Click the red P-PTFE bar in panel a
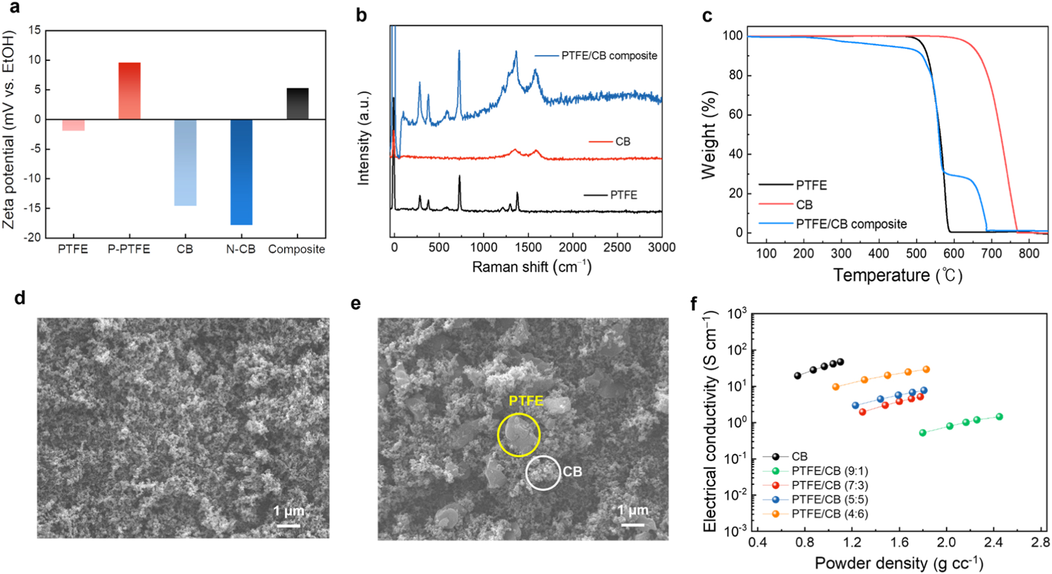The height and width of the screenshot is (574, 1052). tap(129, 91)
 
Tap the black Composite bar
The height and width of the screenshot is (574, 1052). tap(297, 104)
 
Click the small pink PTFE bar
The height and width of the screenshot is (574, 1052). tap(73, 125)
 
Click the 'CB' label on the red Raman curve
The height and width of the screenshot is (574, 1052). tap(623, 142)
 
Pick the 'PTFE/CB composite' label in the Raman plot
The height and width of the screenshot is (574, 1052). tap(609, 56)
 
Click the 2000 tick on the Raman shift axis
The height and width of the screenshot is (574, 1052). tap(572, 248)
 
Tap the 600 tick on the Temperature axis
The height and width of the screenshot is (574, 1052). tap(953, 253)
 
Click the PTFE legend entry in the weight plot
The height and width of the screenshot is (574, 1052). tap(811, 185)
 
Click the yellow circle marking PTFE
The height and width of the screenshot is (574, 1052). tap(518, 435)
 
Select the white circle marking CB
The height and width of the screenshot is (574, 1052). tap(543, 473)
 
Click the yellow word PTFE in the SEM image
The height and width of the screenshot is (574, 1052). tap(526, 401)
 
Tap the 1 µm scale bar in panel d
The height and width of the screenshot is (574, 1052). tap(288, 525)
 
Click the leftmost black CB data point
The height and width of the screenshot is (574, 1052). tap(797, 376)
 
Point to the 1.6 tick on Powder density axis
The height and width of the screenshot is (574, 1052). tap(899, 544)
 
